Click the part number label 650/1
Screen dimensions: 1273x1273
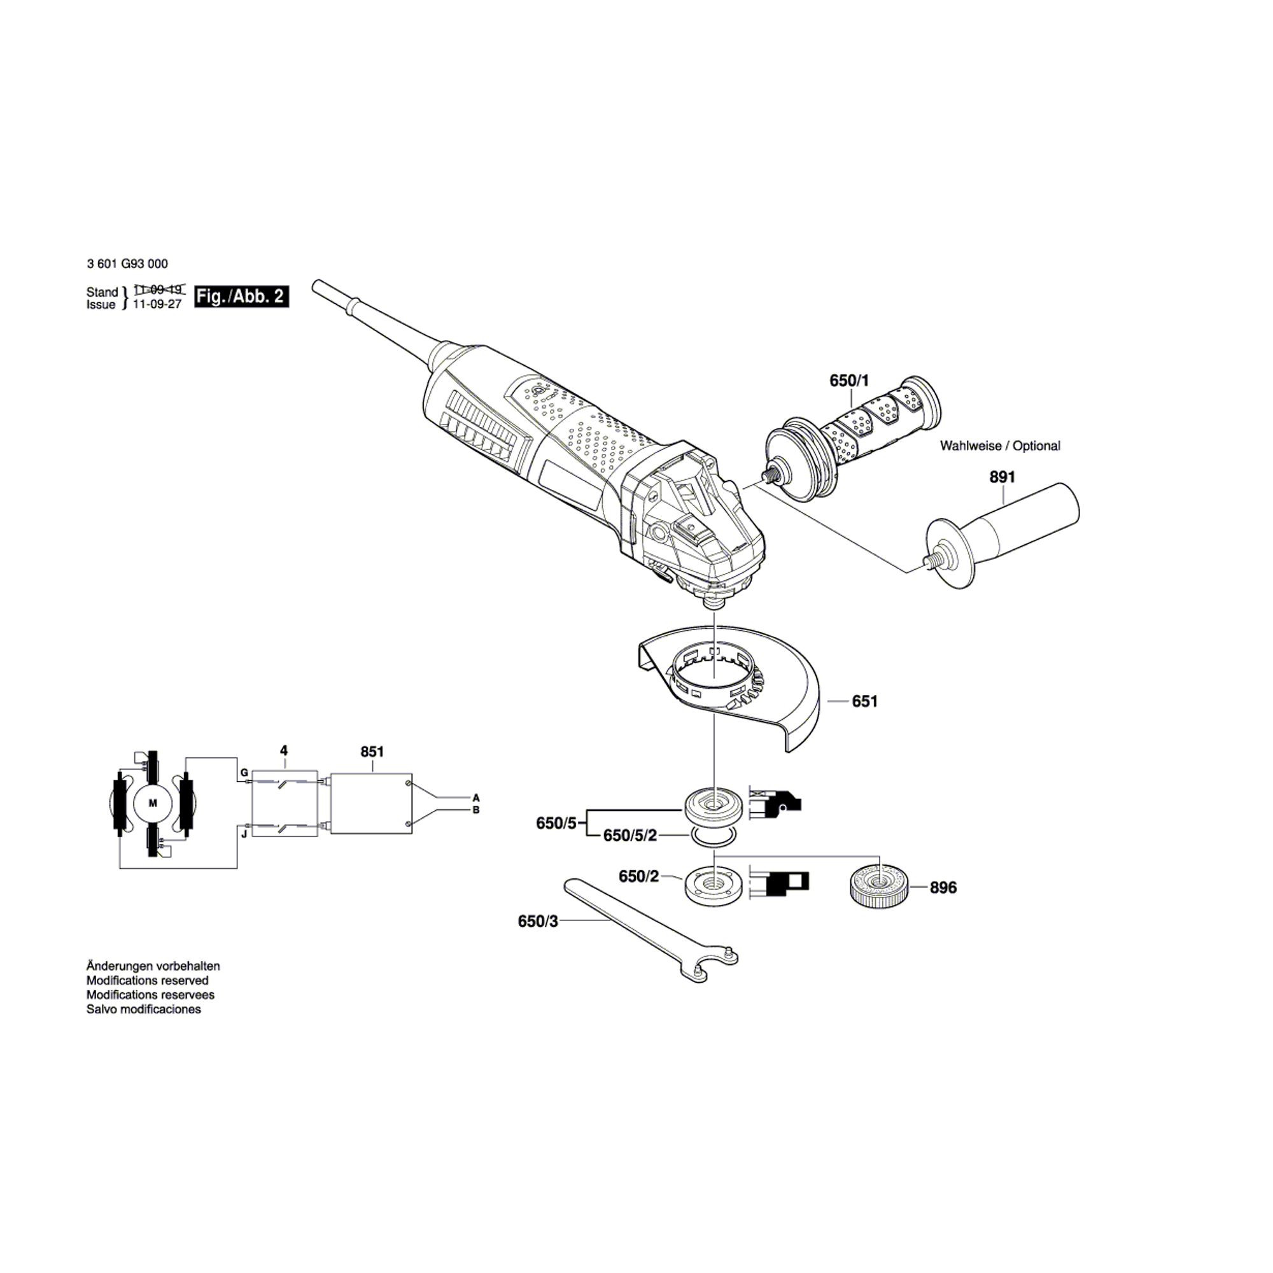848,381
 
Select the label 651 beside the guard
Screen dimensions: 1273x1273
864,701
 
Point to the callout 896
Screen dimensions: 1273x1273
943,888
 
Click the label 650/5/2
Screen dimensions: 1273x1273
631,836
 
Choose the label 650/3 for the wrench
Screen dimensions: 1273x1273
538,921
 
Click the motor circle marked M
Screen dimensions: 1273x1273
153,803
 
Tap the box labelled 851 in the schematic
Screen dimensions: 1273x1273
371,804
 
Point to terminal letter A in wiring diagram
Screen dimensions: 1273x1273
475,797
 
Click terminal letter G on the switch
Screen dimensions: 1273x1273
244,771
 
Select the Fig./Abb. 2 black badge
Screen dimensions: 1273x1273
241,297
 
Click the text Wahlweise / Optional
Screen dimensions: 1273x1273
999,446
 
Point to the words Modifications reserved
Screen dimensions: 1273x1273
147,980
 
